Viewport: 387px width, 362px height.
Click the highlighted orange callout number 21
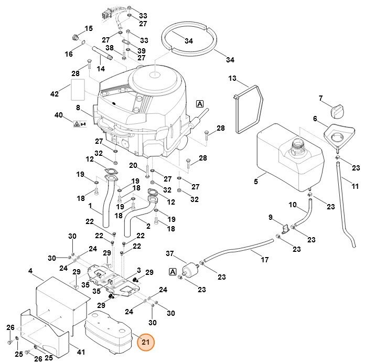[146, 343]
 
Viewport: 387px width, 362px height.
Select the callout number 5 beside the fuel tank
[256, 182]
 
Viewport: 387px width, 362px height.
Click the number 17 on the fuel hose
[265, 259]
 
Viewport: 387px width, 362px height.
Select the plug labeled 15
[74, 38]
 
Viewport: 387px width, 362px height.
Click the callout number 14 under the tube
[100, 68]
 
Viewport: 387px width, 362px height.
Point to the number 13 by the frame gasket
[232, 78]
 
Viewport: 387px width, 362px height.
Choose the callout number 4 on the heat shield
[30, 271]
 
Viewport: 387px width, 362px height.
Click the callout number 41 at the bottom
[81, 352]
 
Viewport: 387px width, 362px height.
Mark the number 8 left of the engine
[78, 108]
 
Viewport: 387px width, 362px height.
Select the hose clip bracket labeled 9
[285, 228]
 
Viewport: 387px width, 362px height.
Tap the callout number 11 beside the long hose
[355, 186]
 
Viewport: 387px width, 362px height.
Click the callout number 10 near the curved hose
[293, 204]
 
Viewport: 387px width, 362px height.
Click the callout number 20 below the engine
[134, 166]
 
